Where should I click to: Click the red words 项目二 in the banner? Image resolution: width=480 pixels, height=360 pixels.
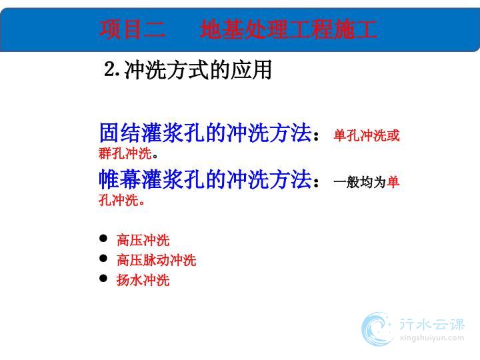click(x=132, y=29)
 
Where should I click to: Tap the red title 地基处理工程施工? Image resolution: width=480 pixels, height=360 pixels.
click(x=289, y=29)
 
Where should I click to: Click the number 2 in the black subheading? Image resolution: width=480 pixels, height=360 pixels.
click(x=109, y=69)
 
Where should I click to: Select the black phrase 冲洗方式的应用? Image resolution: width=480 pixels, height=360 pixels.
click(x=198, y=70)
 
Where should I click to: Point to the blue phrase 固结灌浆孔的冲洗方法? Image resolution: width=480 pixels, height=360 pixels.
click(x=205, y=133)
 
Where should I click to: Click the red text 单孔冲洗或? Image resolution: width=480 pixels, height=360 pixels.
click(x=367, y=135)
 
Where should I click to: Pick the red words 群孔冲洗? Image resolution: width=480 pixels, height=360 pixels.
click(x=125, y=153)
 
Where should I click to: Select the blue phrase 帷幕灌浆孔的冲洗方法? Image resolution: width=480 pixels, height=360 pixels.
click(x=205, y=179)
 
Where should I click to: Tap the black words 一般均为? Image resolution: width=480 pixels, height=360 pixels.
click(x=360, y=182)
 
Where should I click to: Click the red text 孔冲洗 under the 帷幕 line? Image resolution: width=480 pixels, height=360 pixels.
click(x=119, y=200)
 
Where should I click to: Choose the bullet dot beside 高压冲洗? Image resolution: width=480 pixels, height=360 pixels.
click(x=103, y=238)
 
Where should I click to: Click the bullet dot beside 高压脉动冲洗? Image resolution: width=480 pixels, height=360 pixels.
click(x=103, y=258)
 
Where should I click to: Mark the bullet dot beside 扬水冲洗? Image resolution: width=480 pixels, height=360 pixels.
click(x=103, y=278)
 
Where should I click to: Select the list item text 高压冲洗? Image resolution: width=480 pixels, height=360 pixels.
click(x=143, y=240)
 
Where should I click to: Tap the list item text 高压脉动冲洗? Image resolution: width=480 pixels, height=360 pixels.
click(x=157, y=260)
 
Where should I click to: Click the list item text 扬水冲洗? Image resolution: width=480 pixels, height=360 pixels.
click(x=143, y=280)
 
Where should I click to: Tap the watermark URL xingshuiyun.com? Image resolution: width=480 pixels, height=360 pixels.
click(x=432, y=338)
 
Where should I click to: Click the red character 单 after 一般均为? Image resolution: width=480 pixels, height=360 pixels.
click(x=393, y=182)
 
